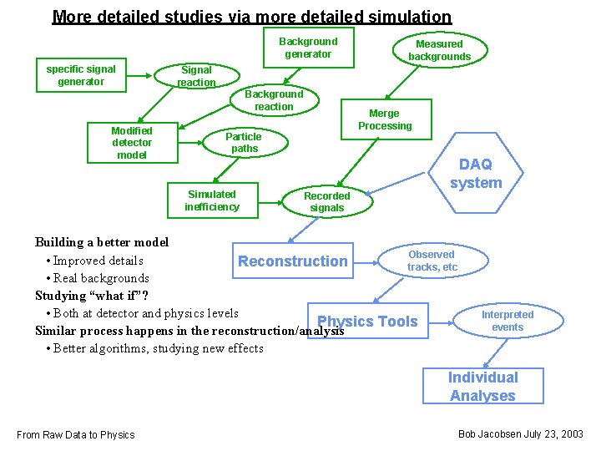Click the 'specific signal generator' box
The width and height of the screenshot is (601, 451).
coord(81,75)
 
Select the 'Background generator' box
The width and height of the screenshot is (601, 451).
coord(308,48)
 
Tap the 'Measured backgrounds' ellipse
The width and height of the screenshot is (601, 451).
coord(439,50)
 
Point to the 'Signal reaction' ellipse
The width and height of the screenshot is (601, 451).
coord(196,76)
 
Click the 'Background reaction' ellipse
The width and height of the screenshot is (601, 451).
coord(274,100)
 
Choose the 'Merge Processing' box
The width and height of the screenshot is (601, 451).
coord(385,119)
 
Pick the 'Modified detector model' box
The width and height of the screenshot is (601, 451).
coord(132,143)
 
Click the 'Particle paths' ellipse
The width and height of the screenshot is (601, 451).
coord(243,142)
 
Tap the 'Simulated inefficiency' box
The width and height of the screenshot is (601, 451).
coord(212,200)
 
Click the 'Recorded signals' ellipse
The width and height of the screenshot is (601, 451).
coord(327,201)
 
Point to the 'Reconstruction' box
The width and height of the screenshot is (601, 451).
coord(293,261)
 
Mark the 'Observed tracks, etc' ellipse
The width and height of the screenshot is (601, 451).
coord(432,261)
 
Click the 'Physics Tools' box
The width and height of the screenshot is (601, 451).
coord(369,322)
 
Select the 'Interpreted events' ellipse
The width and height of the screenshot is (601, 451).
coord(508,321)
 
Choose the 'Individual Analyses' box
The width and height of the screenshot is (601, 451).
coord(482,387)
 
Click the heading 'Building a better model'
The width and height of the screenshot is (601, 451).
coord(102,242)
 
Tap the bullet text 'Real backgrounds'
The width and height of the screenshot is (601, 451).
coord(100,278)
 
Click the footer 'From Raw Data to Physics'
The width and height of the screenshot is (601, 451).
coord(75,434)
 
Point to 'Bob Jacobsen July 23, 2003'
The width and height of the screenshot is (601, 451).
coord(521,434)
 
